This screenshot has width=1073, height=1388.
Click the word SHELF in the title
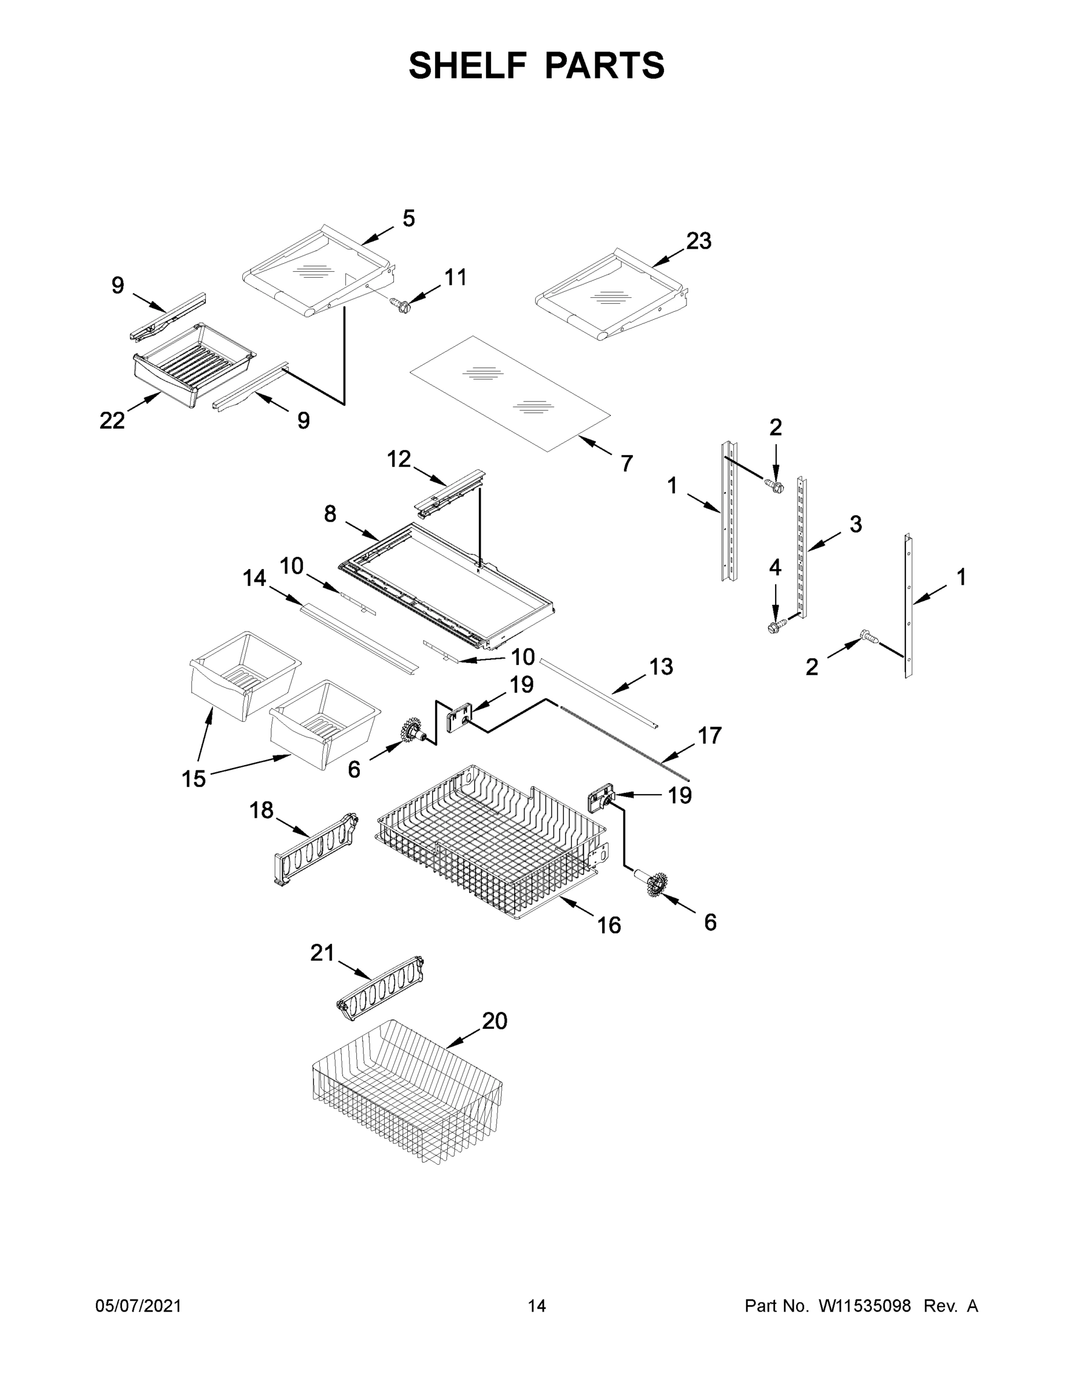(x=467, y=65)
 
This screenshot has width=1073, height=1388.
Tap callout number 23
(x=698, y=242)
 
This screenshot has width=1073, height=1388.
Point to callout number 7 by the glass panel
(x=627, y=463)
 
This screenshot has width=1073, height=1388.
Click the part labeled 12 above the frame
(x=449, y=494)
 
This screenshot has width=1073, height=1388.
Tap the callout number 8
(x=330, y=514)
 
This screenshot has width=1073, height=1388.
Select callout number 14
(x=255, y=578)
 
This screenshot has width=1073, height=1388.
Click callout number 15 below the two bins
(x=194, y=778)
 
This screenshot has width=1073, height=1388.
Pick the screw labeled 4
(x=775, y=627)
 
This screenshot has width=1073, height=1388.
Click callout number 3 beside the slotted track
(x=856, y=525)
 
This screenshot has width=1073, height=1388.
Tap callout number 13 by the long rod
(x=661, y=667)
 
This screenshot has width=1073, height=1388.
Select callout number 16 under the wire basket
(x=609, y=925)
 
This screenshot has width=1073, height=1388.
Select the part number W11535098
(x=865, y=1306)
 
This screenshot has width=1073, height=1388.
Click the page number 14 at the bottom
(x=537, y=1306)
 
